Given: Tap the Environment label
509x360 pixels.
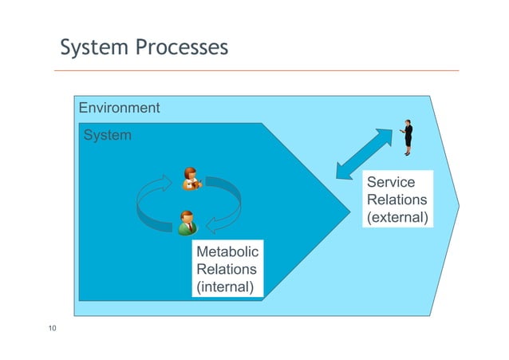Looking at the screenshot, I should pyautogui.click(x=118, y=108).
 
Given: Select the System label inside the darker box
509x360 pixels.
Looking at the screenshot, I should pyautogui.click(x=108, y=136).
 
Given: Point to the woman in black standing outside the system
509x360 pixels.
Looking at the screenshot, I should pyautogui.click(x=408, y=137).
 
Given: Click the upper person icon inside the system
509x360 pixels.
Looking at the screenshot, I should pyautogui.click(x=191, y=180).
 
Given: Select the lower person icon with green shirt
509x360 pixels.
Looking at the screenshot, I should pyautogui.click(x=187, y=223).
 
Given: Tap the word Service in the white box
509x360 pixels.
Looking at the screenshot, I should pyautogui.click(x=385, y=183).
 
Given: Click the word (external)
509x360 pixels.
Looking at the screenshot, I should pyautogui.click(x=397, y=217).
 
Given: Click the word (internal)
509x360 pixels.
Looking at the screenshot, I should pyautogui.click(x=225, y=286).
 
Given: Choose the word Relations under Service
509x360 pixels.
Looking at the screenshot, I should pyautogui.click(x=397, y=200).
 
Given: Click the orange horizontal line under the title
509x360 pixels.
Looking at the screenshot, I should pyautogui.click(x=255, y=70).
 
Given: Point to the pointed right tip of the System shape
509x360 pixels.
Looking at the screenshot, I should pyautogui.click(x=349, y=209).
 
